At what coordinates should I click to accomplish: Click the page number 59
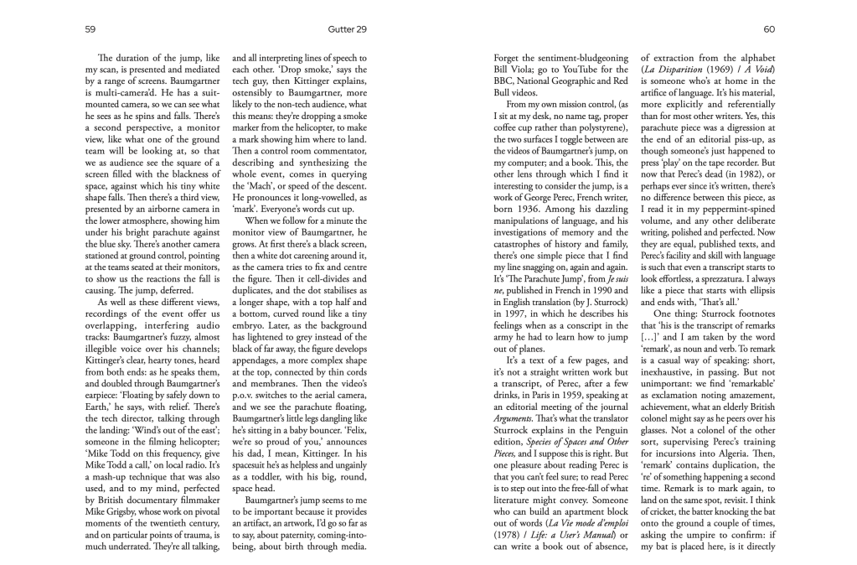90,29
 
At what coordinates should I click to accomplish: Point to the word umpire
694,538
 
